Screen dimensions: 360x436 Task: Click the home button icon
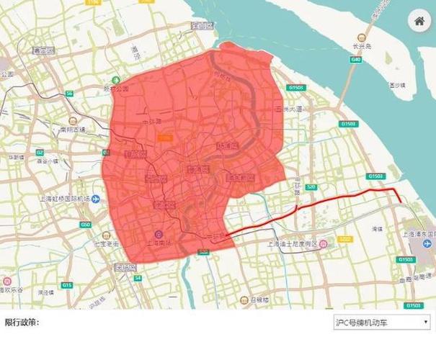click(x=419, y=21)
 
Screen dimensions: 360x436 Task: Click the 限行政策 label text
click(x=22, y=323)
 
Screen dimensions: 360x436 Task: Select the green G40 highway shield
click(x=355, y=60)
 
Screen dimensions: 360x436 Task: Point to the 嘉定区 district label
click(x=43, y=51)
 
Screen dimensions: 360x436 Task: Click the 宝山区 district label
click(x=199, y=27)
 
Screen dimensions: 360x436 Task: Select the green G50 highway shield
click(x=85, y=225)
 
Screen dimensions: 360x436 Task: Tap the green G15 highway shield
click(x=67, y=285)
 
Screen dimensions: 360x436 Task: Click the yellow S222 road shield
click(x=344, y=238)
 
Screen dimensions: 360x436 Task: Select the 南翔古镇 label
click(x=72, y=130)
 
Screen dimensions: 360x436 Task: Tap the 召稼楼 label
click(x=258, y=297)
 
